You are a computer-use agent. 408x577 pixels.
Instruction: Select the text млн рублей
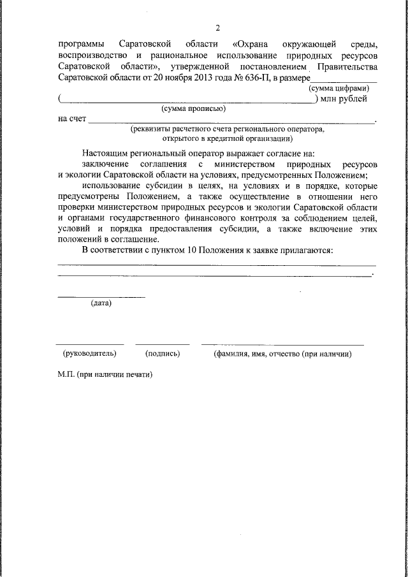click(344, 99)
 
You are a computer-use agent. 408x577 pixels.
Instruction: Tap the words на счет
click(71, 119)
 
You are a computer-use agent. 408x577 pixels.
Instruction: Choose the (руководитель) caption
click(89, 353)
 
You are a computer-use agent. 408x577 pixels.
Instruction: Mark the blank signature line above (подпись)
click(162, 344)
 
